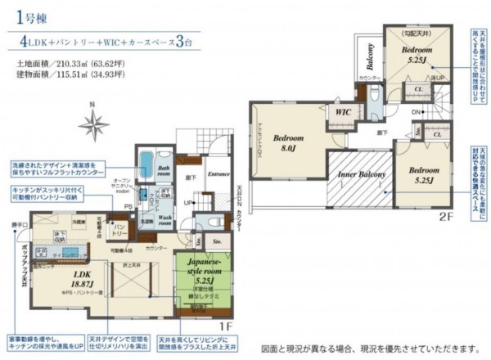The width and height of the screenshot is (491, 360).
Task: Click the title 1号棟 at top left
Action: [x=27, y=16]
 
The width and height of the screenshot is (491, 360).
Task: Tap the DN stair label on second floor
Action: [x=416, y=112]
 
